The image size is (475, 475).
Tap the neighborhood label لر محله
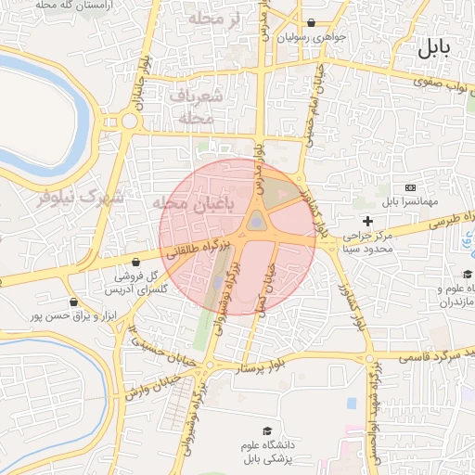pyautogui.click(x=213, y=19)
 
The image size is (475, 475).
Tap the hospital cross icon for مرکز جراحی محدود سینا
pyautogui.click(x=368, y=221)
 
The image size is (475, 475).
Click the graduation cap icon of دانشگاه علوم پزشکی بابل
pyautogui.click(x=268, y=431)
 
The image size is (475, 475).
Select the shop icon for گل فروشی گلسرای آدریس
pyautogui.click(x=137, y=262)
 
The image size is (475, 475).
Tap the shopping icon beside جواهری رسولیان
pyautogui.click(x=310, y=22)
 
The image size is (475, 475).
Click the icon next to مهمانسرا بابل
pyautogui.click(x=411, y=187)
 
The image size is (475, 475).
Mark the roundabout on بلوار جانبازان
pyautogui.click(x=127, y=120)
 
